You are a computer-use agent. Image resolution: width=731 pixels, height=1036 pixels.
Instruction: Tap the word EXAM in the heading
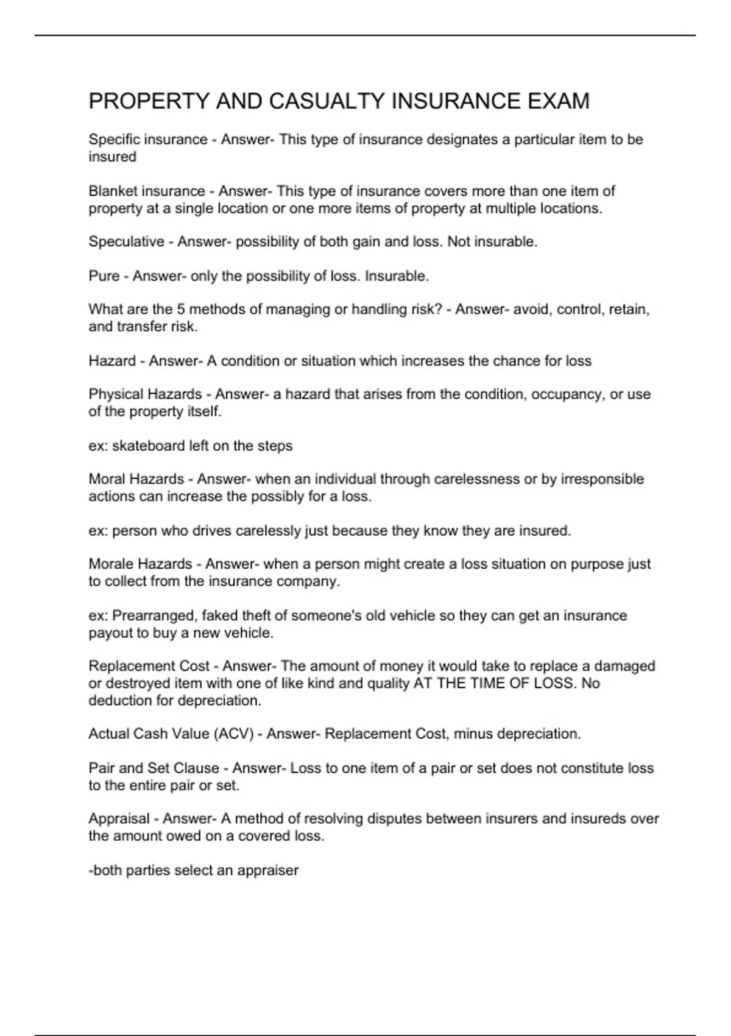(558, 101)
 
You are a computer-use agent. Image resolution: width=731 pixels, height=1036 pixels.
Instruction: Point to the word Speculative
(126, 242)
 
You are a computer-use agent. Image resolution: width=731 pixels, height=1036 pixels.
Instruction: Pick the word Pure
(104, 276)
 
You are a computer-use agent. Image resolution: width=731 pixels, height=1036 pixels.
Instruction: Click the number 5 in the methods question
(180, 310)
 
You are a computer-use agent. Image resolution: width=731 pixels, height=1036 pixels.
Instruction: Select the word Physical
(114, 394)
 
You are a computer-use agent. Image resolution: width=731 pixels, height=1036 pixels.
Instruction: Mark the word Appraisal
(119, 818)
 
